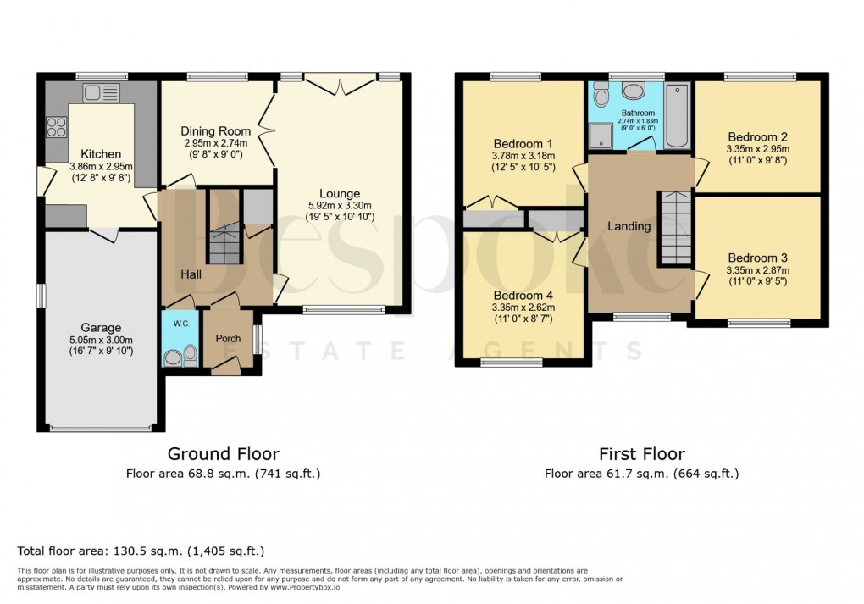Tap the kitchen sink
(102, 91)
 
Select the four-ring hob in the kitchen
(56, 127)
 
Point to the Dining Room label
(215, 131)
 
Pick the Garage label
(101, 328)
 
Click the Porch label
(228, 339)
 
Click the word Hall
(190, 274)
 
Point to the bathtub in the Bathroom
(678, 117)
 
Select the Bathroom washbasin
(633, 91)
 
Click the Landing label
(629, 226)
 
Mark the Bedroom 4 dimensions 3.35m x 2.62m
(523, 308)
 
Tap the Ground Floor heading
(223, 454)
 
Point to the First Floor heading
(641, 454)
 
